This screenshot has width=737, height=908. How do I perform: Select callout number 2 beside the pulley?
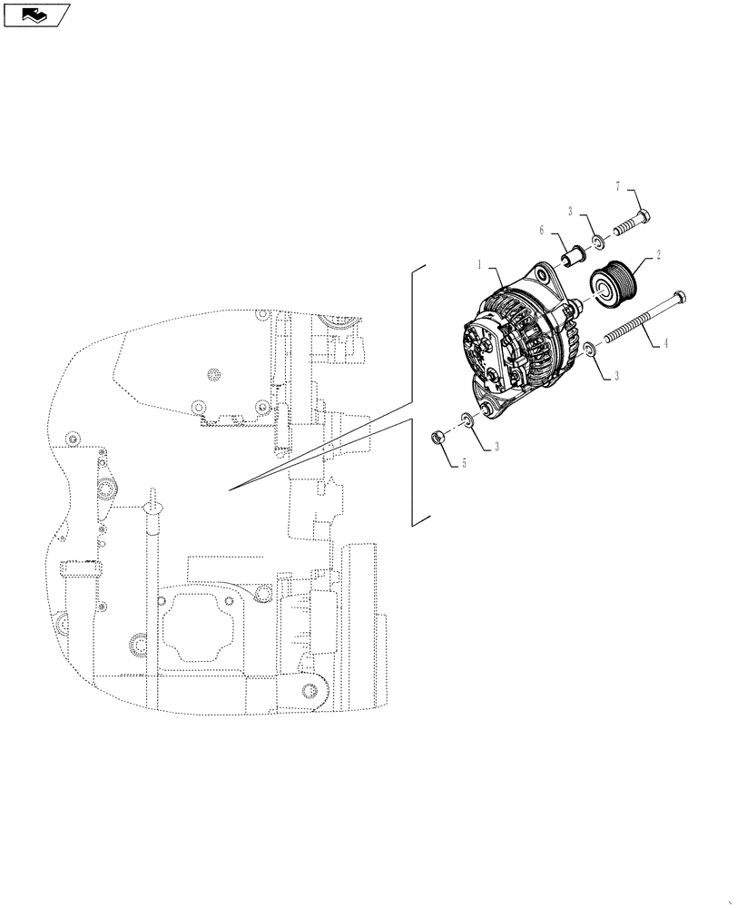pyautogui.click(x=657, y=258)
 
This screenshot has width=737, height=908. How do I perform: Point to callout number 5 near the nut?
pyautogui.click(x=464, y=462)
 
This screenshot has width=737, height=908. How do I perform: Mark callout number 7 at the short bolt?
pyautogui.click(x=618, y=186)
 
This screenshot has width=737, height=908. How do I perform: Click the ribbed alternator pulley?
pyautogui.click(x=614, y=282)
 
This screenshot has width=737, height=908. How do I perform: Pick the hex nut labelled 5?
pyautogui.click(x=437, y=439)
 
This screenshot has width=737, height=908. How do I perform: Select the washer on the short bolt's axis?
pyautogui.click(x=599, y=242)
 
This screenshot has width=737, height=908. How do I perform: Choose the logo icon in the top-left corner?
pyautogui.click(x=35, y=14)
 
